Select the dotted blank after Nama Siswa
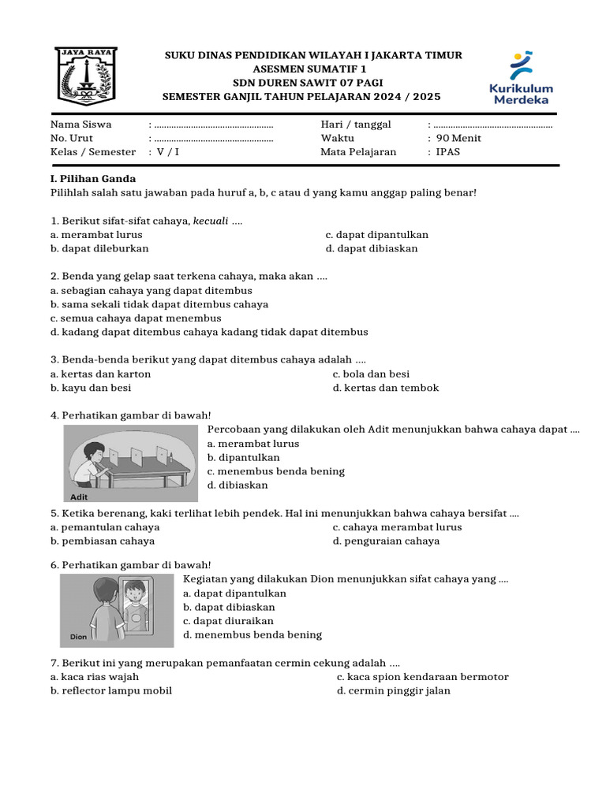click(x=214, y=125)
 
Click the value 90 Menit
click(x=458, y=138)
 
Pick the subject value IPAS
click(x=448, y=152)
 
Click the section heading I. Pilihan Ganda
click(x=93, y=179)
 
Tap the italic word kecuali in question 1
click(x=210, y=221)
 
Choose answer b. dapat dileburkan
click(x=99, y=248)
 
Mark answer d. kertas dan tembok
click(x=385, y=388)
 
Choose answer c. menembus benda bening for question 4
click(x=276, y=471)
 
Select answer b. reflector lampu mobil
click(x=111, y=690)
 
